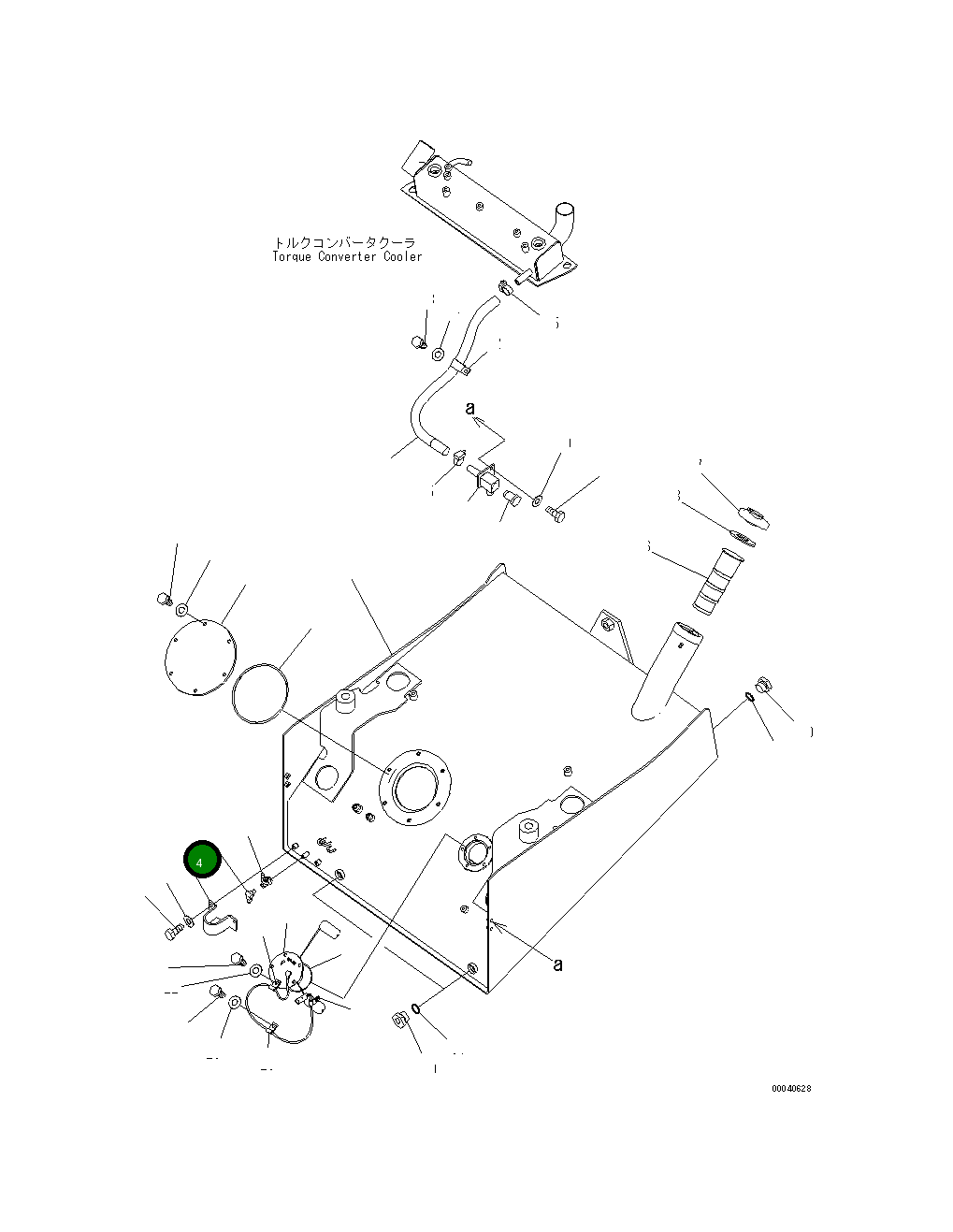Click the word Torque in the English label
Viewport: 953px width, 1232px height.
point(292,257)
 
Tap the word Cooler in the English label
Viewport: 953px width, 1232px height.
point(402,257)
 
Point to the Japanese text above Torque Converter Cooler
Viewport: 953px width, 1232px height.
point(344,243)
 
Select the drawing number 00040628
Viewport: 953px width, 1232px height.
point(791,1088)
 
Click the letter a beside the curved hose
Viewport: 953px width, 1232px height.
point(471,409)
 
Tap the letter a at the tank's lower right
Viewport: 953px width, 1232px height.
point(557,964)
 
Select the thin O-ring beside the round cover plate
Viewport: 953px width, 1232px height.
point(261,693)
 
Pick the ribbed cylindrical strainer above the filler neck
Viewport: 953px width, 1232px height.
point(716,580)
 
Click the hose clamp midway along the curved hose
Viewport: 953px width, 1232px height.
point(460,365)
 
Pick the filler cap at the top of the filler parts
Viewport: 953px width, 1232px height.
point(754,515)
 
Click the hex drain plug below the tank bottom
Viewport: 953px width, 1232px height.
point(397,1021)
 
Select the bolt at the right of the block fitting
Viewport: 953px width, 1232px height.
point(557,515)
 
